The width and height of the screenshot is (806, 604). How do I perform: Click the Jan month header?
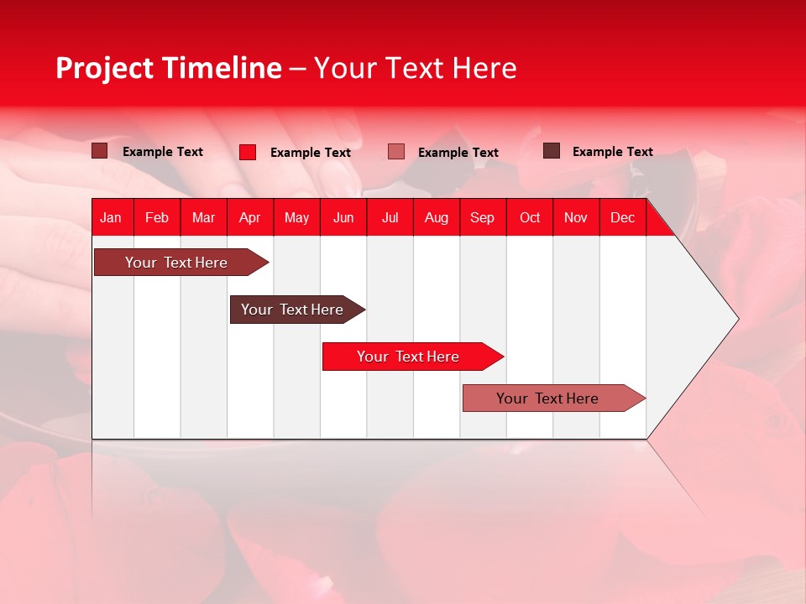point(111,218)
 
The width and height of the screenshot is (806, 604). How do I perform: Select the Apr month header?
point(249,218)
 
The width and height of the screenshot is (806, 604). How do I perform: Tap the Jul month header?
point(390,218)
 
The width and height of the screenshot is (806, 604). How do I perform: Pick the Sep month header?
point(482,218)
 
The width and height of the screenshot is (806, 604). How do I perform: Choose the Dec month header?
point(622,218)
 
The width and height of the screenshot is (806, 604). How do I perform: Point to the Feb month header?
point(157,218)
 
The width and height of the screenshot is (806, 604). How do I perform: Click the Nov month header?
point(575,218)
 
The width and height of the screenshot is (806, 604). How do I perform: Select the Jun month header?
point(343,218)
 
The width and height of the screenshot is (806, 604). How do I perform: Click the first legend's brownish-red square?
point(100,151)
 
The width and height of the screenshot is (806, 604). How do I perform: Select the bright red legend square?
point(248,152)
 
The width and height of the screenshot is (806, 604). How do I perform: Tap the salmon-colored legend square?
point(396,152)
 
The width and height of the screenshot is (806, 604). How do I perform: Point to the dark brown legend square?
point(552,151)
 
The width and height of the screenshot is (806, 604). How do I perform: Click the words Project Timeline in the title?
point(169,68)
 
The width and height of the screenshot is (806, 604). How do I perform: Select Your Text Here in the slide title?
point(415,68)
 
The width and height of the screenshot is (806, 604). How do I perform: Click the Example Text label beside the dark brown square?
point(612,152)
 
